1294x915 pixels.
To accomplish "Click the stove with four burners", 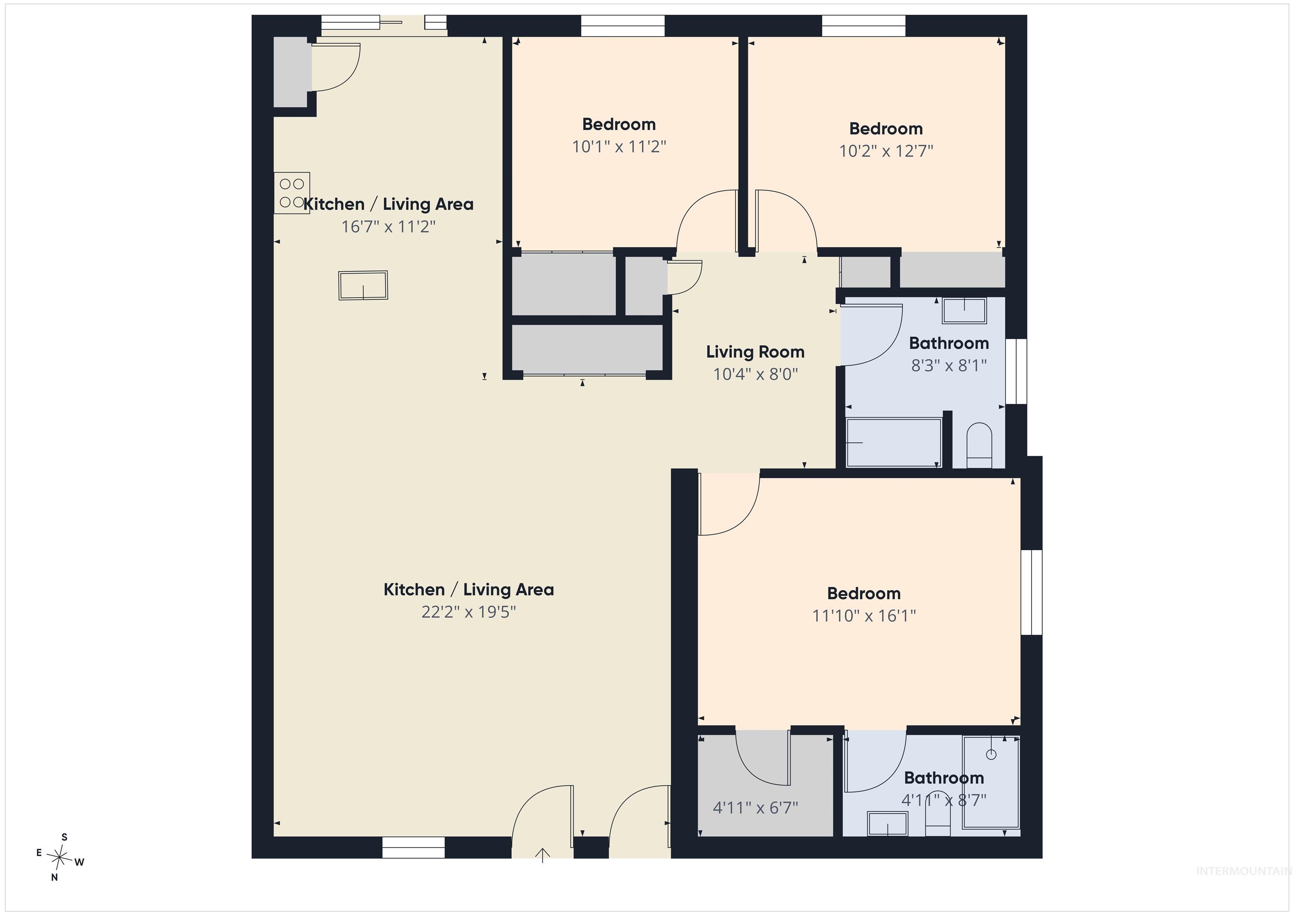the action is pos(291,193).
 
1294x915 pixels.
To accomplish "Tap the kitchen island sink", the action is pos(363,285).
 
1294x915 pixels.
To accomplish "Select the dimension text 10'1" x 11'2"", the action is pos(619,147).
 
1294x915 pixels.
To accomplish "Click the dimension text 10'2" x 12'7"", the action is pos(886,151).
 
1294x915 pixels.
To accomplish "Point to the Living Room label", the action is pos(755,352).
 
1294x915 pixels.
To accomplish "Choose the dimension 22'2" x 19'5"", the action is pos(468,612).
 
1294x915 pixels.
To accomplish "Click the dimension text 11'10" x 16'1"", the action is pos(864,615).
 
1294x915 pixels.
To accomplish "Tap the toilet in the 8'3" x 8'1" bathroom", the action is pos(979,445).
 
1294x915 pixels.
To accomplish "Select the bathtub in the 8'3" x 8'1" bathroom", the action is pos(894,443).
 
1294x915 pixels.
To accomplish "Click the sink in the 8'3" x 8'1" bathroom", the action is pos(964,310).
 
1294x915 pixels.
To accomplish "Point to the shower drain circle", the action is pos(992,754).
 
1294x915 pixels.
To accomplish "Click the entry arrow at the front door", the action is pos(542,855).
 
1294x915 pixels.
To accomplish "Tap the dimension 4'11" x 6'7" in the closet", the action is pos(755,808).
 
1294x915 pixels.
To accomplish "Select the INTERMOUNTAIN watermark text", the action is pos(1244,871).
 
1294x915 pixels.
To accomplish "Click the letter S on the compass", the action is pos(64,837).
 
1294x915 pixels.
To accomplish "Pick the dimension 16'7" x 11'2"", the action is pos(388,227).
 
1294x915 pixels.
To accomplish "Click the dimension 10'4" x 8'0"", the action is pos(755,375).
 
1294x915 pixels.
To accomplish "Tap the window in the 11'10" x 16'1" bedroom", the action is pos(1032,592).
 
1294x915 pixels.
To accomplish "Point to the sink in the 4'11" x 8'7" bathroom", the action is pos(887,824).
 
